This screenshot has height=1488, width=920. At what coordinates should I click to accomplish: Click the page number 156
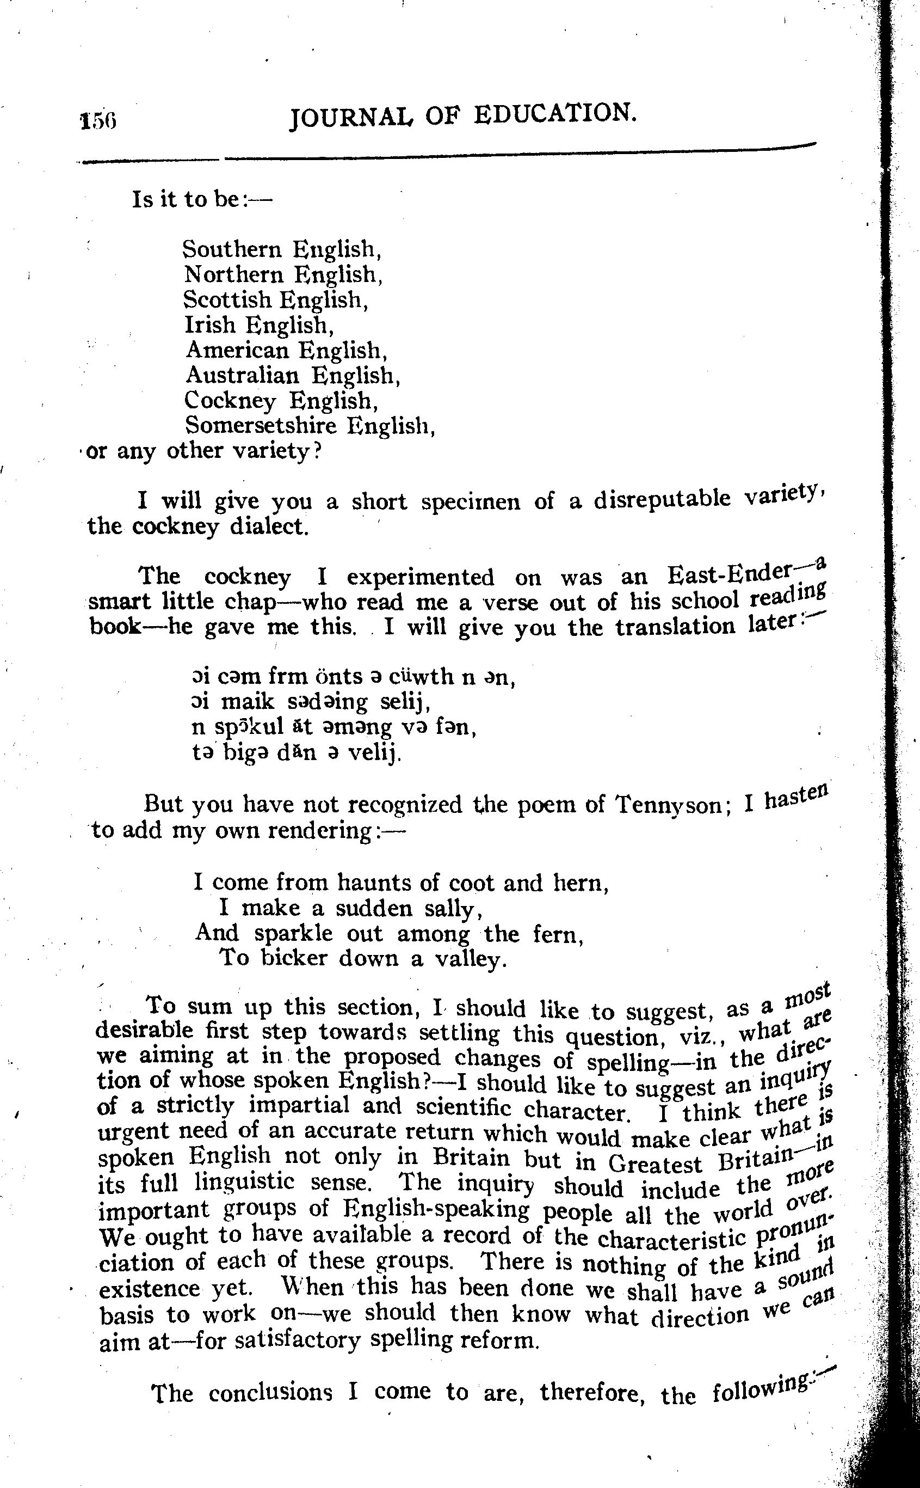point(97,120)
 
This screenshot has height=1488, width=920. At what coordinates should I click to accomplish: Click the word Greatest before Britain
point(655,1164)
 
